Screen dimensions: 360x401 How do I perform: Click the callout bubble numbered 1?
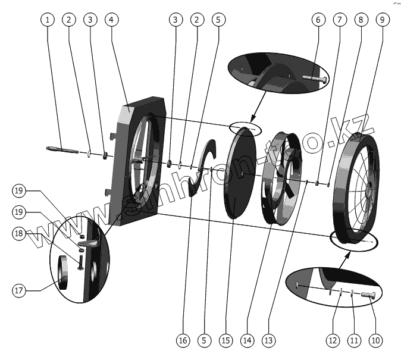point(48,20)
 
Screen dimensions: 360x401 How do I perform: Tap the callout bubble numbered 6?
point(319,20)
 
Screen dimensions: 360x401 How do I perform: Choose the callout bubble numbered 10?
point(375,340)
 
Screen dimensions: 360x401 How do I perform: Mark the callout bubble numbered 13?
point(270,340)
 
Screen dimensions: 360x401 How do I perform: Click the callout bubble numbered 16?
point(182,340)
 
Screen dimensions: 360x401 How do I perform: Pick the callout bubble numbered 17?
point(20,290)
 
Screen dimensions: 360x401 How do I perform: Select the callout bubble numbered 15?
point(225,340)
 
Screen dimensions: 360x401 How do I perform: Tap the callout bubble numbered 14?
point(248,340)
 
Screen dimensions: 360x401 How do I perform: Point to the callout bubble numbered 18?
point(20,234)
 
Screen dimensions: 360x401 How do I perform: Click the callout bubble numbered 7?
point(340,20)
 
